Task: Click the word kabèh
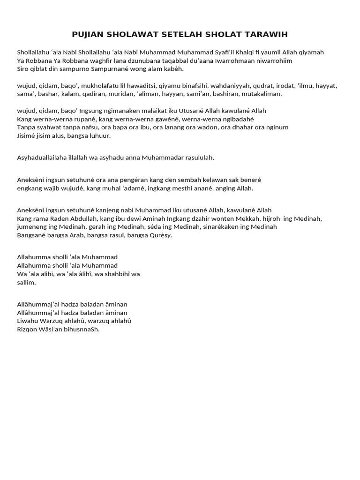[x=173, y=69]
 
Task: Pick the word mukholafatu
[x=96, y=86]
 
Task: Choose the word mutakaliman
[x=262, y=94]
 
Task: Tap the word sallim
[x=26, y=283]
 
